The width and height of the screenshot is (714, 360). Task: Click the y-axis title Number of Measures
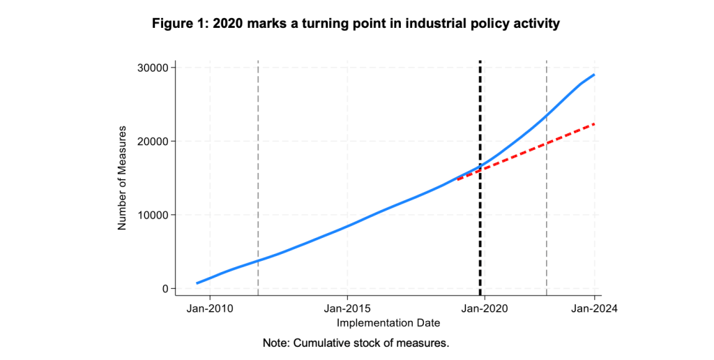pos(122,178)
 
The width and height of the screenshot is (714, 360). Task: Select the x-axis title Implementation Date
pos(388,323)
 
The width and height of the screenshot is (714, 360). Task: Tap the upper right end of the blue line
pos(593,75)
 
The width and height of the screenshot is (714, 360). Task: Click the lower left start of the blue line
pos(197,283)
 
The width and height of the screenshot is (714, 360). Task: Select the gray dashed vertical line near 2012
pos(258,174)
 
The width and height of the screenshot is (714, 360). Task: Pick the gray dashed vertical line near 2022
pos(546,209)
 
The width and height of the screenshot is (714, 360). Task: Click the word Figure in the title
pos(172,24)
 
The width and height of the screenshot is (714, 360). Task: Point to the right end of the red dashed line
pos(593,124)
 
